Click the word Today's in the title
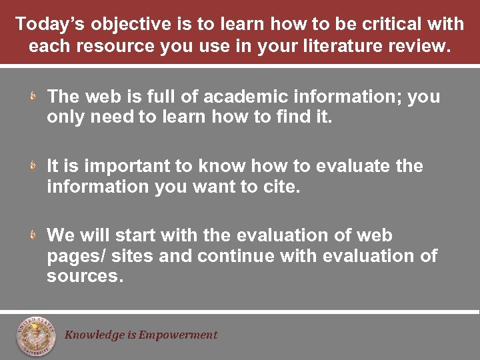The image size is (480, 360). point(49,25)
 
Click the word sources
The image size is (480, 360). point(85,277)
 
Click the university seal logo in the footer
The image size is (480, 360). point(36,337)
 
